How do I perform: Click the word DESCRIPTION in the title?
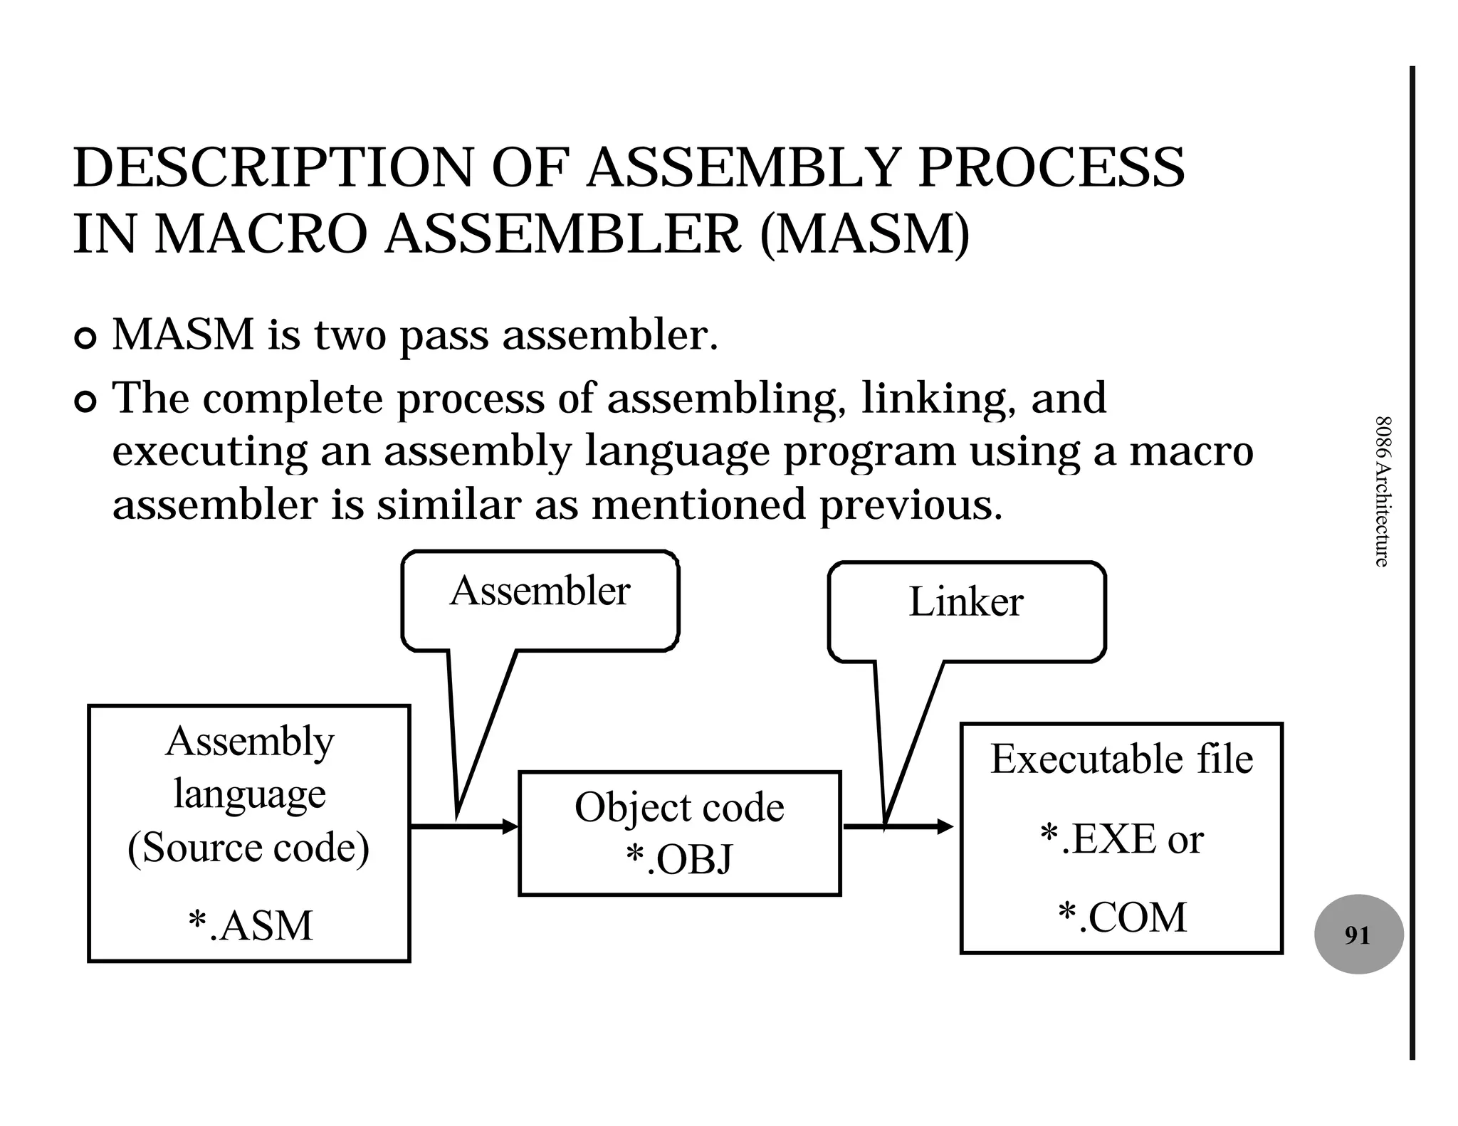(273, 168)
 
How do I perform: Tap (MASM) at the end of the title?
(864, 235)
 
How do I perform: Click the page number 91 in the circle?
(1358, 935)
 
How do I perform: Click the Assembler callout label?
(540, 591)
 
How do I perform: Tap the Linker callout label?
(966, 602)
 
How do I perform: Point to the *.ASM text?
(250, 925)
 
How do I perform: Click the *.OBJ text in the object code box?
(679, 860)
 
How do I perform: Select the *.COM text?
(1122, 917)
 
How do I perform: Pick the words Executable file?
(1121, 759)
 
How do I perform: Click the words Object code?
(679, 808)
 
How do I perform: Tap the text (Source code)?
(248, 848)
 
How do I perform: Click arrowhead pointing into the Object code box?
(511, 826)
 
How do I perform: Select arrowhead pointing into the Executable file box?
(945, 826)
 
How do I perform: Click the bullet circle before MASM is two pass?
(85, 339)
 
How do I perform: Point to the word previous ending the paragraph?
(910, 505)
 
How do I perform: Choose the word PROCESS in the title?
(1051, 168)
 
